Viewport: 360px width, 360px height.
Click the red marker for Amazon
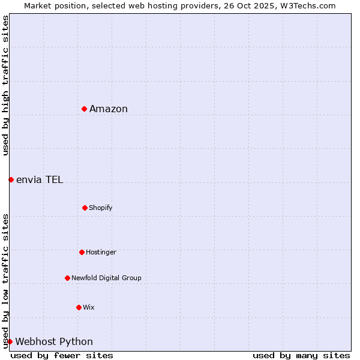click(x=85, y=109)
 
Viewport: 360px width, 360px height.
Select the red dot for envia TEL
click(x=11, y=179)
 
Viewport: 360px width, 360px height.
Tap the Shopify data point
click(x=85, y=208)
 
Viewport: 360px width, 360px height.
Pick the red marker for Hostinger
click(x=82, y=252)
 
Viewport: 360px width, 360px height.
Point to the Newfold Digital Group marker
click(x=67, y=278)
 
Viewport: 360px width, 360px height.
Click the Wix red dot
click(x=79, y=307)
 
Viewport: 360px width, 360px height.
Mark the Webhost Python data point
click(x=10, y=341)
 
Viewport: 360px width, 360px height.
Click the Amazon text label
click(x=109, y=109)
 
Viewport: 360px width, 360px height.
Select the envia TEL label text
click(x=40, y=179)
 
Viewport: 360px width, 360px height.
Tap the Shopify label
click(x=101, y=208)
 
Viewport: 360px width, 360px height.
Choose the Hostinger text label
click(x=101, y=252)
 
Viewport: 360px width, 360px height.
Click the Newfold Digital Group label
click(x=106, y=278)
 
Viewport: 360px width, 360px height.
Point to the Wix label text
click(x=89, y=307)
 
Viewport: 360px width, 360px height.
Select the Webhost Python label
click(x=54, y=341)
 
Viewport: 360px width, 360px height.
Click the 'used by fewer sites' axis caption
click(x=62, y=355)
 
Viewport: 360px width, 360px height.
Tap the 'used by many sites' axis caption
click(x=301, y=355)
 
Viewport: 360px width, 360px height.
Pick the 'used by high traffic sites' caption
click(x=5, y=85)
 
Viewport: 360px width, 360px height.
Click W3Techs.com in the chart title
click(x=306, y=5)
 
